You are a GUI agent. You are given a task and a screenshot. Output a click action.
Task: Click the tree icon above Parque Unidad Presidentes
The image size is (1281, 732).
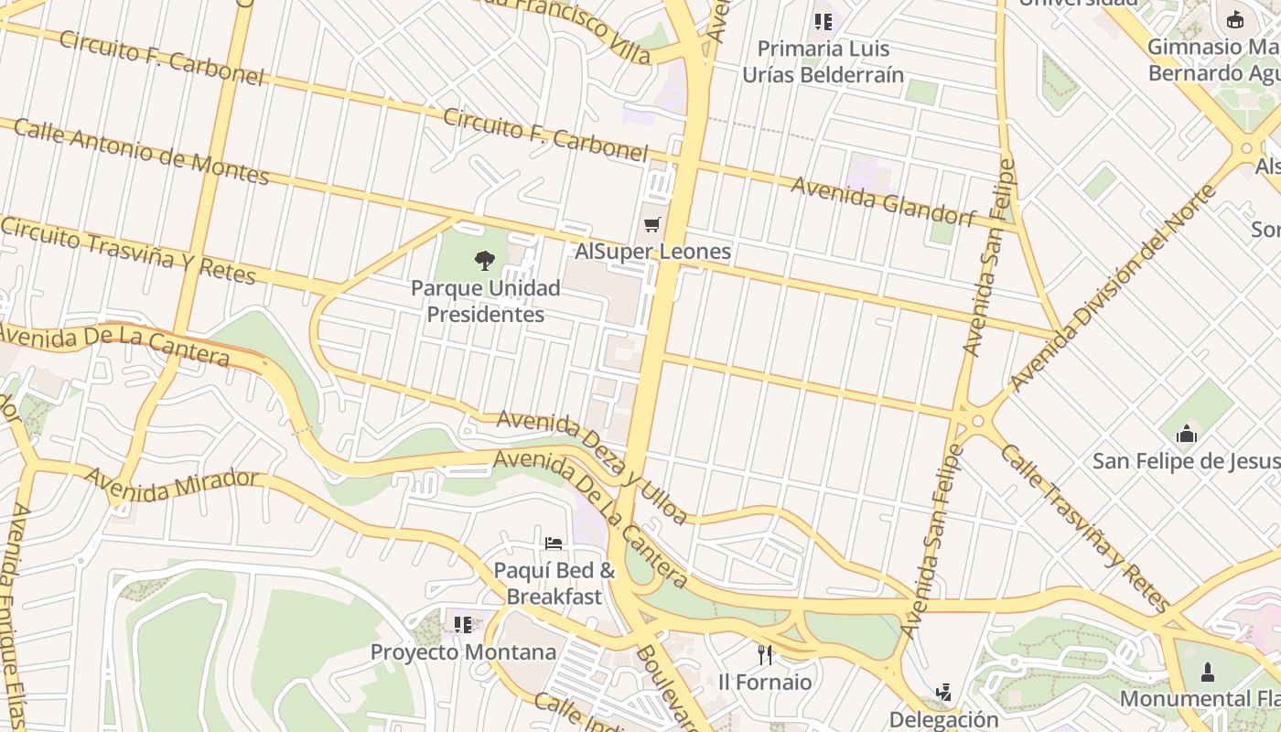(485, 261)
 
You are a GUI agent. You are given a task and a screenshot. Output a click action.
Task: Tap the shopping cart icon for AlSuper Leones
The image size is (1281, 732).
(652, 224)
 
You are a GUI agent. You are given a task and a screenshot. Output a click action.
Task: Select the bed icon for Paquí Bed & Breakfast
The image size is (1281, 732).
(554, 544)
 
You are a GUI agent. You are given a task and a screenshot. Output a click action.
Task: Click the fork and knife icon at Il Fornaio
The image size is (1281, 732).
(765, 654)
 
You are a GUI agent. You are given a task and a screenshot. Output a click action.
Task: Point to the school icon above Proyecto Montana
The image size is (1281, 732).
(463, 625)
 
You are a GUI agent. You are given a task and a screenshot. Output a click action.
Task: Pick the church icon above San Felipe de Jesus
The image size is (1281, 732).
(1187, 433)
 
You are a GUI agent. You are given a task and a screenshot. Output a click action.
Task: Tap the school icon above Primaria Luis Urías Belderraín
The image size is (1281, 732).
(823, 21)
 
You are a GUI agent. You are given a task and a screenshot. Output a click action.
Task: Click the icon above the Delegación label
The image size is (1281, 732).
(943, 692)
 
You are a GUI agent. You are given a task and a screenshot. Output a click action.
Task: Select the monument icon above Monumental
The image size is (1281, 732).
(1207, 673)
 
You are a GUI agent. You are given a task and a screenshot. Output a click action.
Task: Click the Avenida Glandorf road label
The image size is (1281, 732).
(883, 201)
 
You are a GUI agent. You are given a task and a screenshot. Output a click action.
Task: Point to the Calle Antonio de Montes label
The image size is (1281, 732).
(141, 151)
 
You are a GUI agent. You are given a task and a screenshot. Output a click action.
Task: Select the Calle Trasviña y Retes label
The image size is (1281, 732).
(1083, 527)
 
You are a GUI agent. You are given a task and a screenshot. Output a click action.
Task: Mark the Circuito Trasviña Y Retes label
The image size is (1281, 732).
(128, 250)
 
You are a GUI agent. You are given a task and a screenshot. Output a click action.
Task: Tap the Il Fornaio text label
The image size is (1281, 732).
(765, 682)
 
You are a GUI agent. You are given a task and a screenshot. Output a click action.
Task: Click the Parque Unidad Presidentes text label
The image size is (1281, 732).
(485, 301)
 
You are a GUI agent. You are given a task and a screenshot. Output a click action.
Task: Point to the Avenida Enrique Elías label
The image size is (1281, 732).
(18, 613)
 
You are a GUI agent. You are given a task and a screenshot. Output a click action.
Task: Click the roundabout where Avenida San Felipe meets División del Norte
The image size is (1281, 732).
(976, 421)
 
